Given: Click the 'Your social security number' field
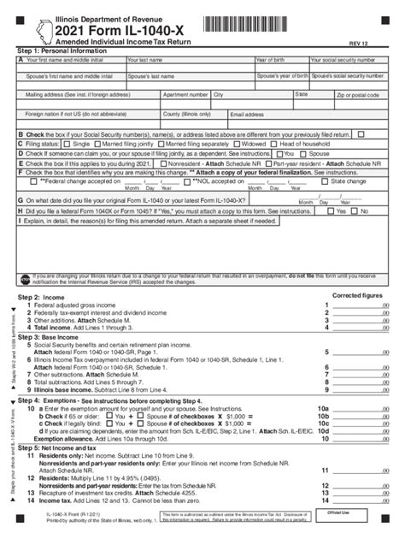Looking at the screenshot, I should (352, 65).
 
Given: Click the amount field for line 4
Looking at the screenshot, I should (360, 328).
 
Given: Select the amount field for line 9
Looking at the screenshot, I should (360, 390).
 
